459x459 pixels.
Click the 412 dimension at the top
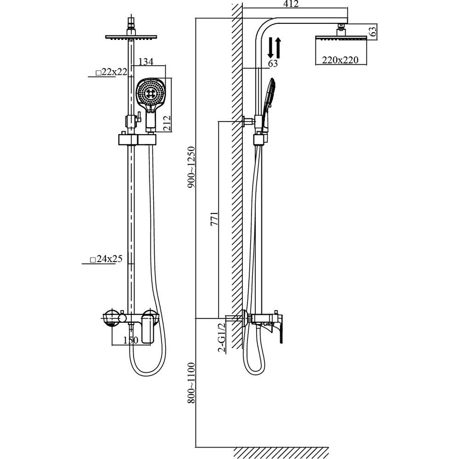[x=291, y=4]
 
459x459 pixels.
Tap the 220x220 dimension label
[x=340, y=60]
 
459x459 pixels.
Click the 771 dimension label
[x=214, y=219]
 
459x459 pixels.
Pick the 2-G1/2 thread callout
[x=222, y=337]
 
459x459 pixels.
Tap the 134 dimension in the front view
[x=146, y=62]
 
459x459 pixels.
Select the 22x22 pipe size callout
[x=112, y=72]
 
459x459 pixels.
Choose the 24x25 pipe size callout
[x=106, y=259]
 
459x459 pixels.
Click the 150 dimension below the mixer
[x=130, y=340]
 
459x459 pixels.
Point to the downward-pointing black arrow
[x=271, y=48]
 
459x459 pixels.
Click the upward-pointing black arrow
[x=278, y=48]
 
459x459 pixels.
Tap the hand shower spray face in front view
[x=151, y=93]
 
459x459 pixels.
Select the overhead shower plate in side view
[x=341, y=38]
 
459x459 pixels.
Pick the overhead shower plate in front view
[x=131, y=37]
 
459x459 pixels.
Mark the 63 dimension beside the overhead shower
[x=372, y=31]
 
